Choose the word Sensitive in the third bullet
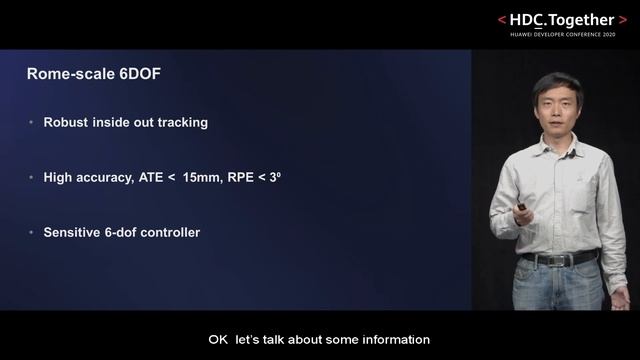tap(72, 232)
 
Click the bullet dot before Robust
tap(32, 122)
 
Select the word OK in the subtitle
tap(218, 340)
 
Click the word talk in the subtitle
tap(270, 340)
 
